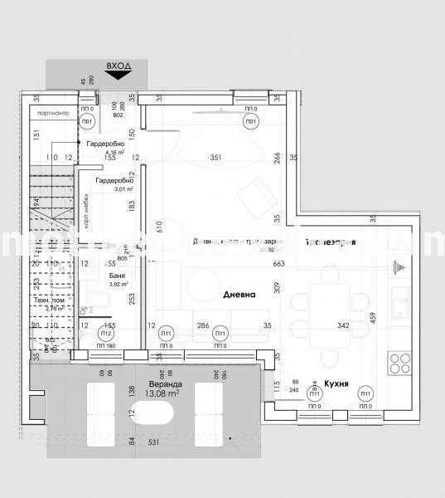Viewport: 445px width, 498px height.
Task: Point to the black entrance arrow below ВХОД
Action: pos(118,75)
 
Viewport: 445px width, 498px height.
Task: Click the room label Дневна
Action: pos(239,295)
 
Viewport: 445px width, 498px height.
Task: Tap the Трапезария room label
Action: pos(330,242)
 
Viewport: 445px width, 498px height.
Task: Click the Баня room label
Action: pos(116,275)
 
